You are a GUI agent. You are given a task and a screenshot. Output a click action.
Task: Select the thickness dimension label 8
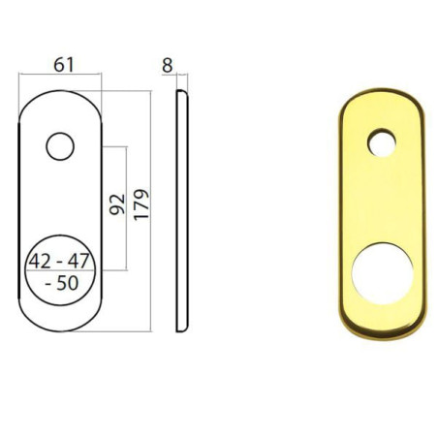tap(168, 65)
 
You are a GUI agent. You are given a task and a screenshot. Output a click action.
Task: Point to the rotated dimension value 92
tap(117, 205)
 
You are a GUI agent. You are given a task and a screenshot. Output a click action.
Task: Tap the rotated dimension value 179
tap(141, 205)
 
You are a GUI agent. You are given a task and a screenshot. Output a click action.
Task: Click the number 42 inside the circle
tap(42, 262)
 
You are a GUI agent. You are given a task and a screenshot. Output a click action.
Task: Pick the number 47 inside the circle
tap(79, 262)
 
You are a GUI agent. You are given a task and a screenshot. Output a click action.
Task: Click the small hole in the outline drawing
tap(59, 146)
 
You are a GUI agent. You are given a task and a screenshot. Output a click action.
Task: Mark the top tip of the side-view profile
tap(179, 93)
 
